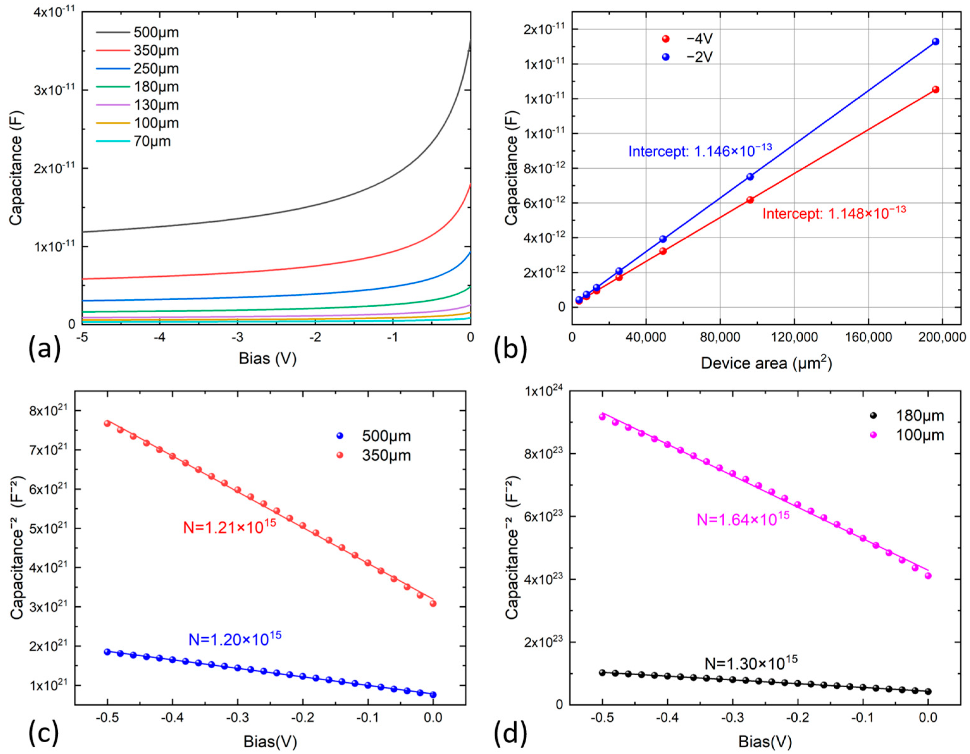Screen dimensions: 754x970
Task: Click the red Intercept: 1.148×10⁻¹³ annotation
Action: coord(834,213)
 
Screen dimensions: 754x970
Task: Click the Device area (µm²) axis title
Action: coord(766,363)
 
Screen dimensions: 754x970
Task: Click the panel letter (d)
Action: coord(510,733)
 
